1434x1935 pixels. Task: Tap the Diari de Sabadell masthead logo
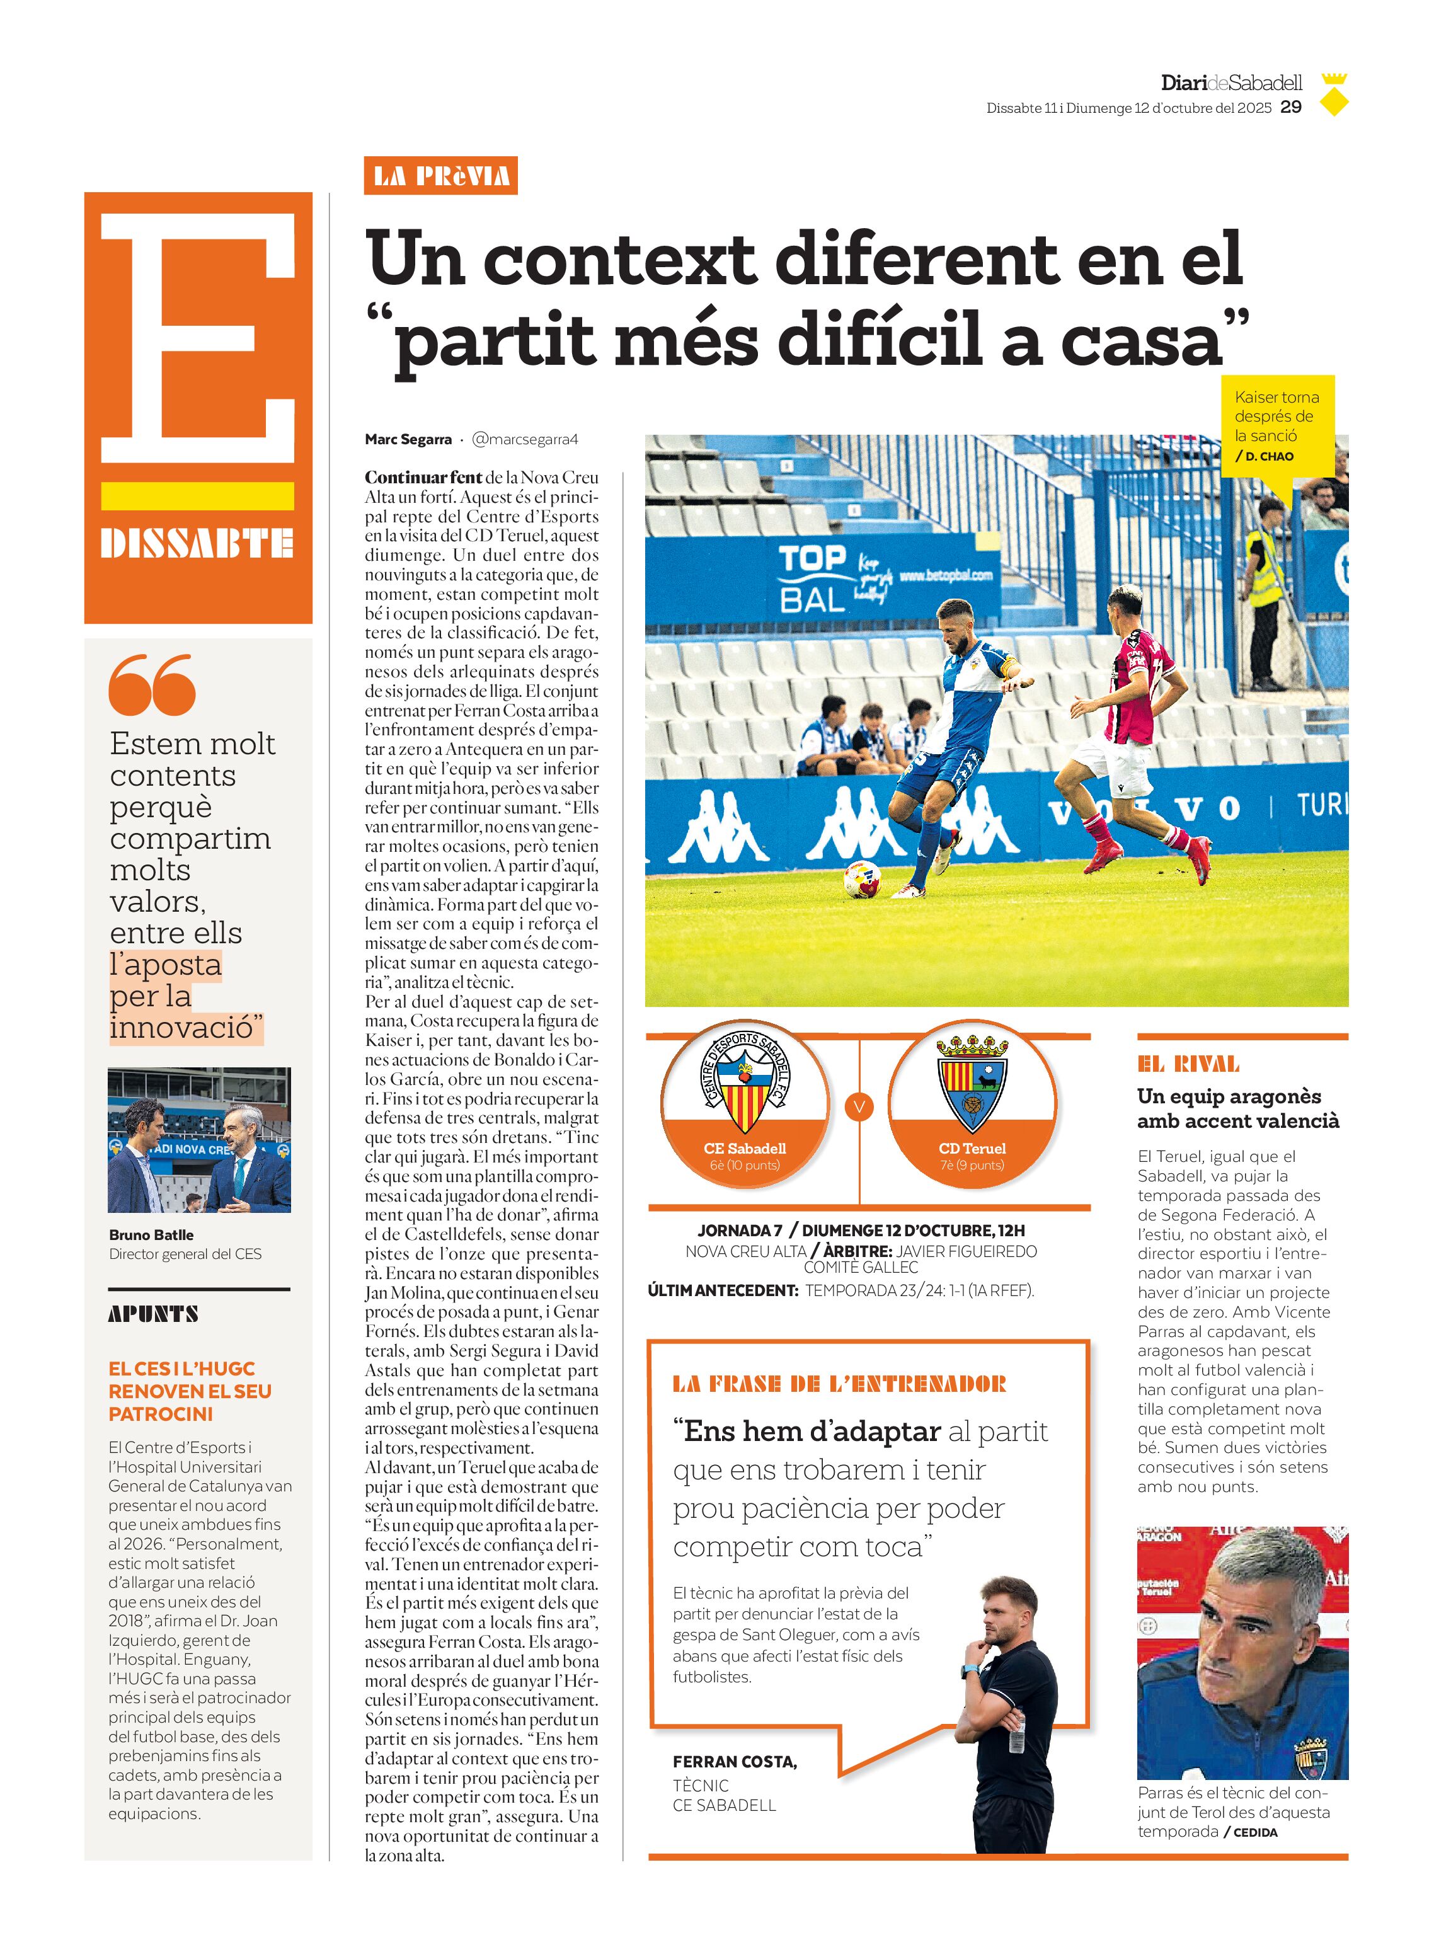click(1231, 83)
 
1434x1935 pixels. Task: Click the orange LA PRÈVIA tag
click(441, 176)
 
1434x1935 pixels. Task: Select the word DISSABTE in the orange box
click(197, 543)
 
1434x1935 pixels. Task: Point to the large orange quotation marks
click(152, 684)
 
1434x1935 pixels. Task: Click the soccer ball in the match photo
click(862, 878)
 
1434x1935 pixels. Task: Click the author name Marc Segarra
click(408, 439)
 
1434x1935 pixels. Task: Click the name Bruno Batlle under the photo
click(151, 1234)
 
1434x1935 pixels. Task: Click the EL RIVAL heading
click(1188, 1064)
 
